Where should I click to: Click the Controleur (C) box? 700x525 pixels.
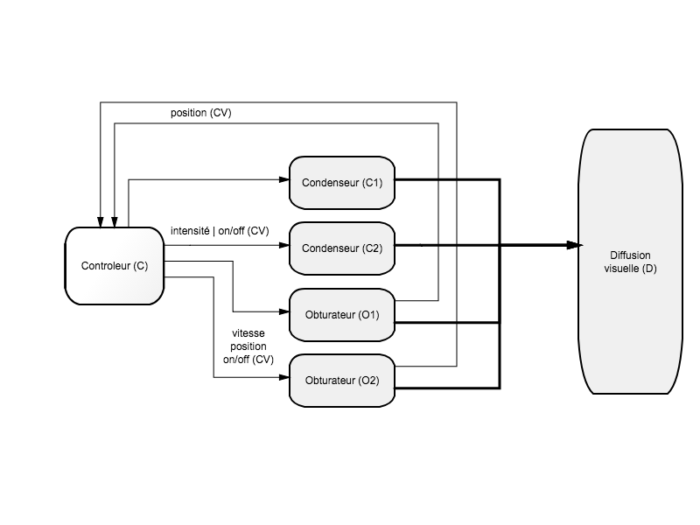coord(115,266)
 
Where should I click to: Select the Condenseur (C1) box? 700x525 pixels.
coord(342,183)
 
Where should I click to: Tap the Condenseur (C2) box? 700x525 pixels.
coord(342,248)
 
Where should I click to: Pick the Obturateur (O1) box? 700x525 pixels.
coord(342,315)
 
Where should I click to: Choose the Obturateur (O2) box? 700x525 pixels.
coord(342,381)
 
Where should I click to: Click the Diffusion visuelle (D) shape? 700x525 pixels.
coord(630,262)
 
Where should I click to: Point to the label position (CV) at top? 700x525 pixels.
coord(201,113)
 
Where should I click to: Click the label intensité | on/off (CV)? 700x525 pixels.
coord(220,231)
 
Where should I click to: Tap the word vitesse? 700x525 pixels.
coord(248,333)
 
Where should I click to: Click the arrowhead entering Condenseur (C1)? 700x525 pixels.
coord(284,179)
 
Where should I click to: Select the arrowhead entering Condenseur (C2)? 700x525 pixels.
coord(284,245)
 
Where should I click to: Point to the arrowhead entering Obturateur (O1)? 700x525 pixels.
coord(284,311)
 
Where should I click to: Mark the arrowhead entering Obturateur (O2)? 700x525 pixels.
coord(284,377)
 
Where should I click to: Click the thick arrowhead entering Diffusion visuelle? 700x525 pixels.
coord(574,245)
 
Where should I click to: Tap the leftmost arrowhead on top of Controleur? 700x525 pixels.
coord(101,222)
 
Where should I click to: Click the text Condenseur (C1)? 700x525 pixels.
coord(342,183)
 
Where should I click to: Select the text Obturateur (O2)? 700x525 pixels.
coord(342,381)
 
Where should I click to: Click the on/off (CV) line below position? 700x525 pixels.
coord(248,360)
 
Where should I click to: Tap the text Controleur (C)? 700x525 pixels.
coord(115,266)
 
